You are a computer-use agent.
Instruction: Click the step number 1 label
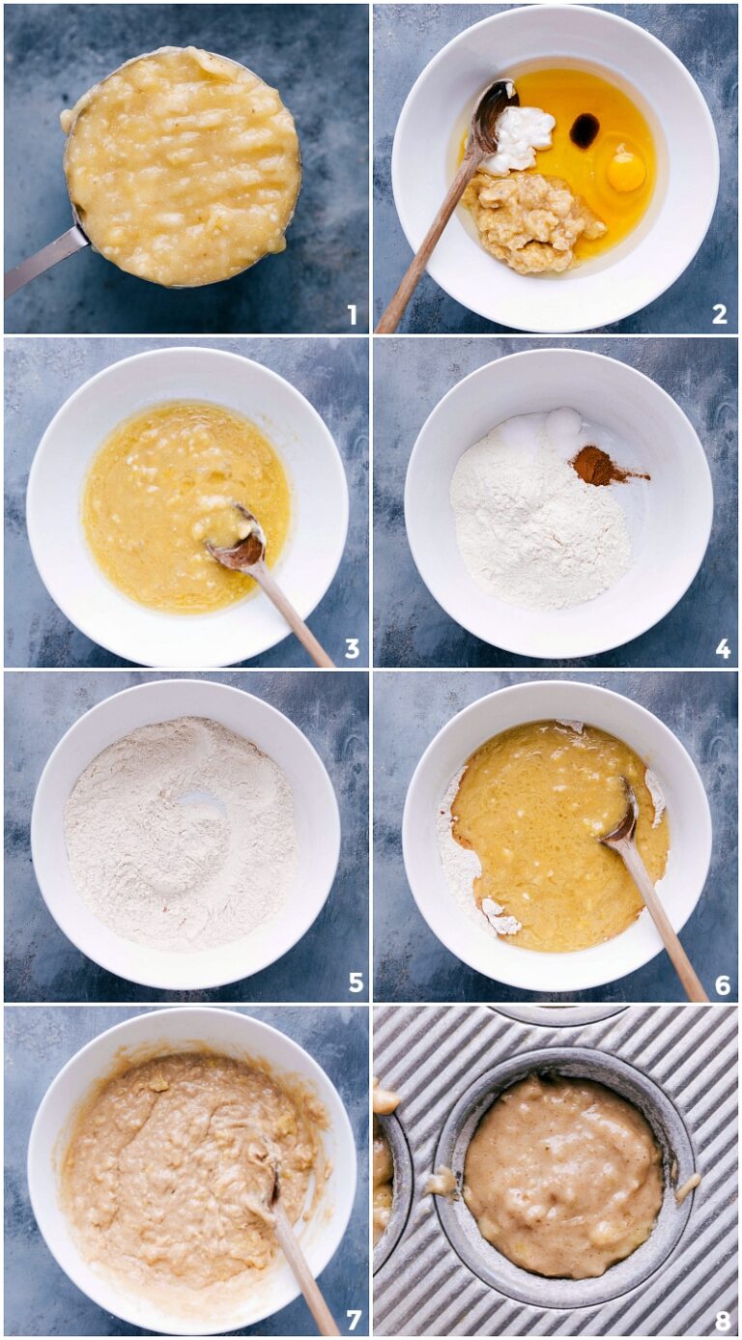point(352,314)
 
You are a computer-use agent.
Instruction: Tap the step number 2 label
point(719,314)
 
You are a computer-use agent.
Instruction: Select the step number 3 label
point(352,648)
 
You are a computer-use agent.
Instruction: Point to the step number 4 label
point(722,648)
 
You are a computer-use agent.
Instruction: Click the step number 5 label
point(355,983)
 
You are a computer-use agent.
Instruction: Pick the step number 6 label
point(722,984)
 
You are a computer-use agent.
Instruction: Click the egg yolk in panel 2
point(625,171)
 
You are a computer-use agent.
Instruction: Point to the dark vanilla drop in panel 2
point(584,129)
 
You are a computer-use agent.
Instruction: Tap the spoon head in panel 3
point(243,547)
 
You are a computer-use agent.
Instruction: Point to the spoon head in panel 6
point(621,821)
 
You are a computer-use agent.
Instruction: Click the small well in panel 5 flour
point(199,801)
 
